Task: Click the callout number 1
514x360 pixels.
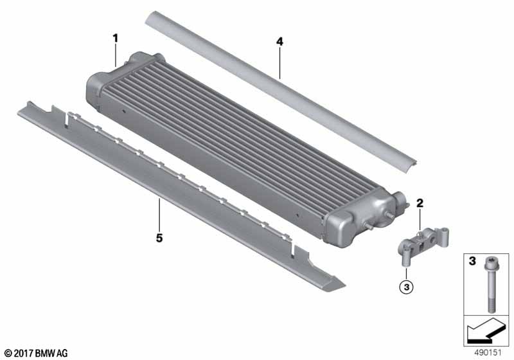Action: click(115, 39)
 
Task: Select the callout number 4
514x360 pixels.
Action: click(279, 42)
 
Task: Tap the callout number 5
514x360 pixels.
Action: click(159, 238)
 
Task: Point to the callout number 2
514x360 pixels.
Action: click(420, 203)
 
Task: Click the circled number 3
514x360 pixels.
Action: click(407, 287)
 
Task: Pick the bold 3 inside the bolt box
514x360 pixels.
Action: click(472, 261)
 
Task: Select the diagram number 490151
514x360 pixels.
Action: click(488, 353)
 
